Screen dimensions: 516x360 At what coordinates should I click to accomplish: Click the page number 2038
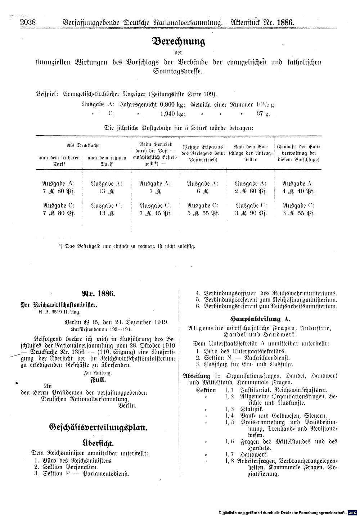tap(28, 22)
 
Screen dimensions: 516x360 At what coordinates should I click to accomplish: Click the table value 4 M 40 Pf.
tap(298, 191)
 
